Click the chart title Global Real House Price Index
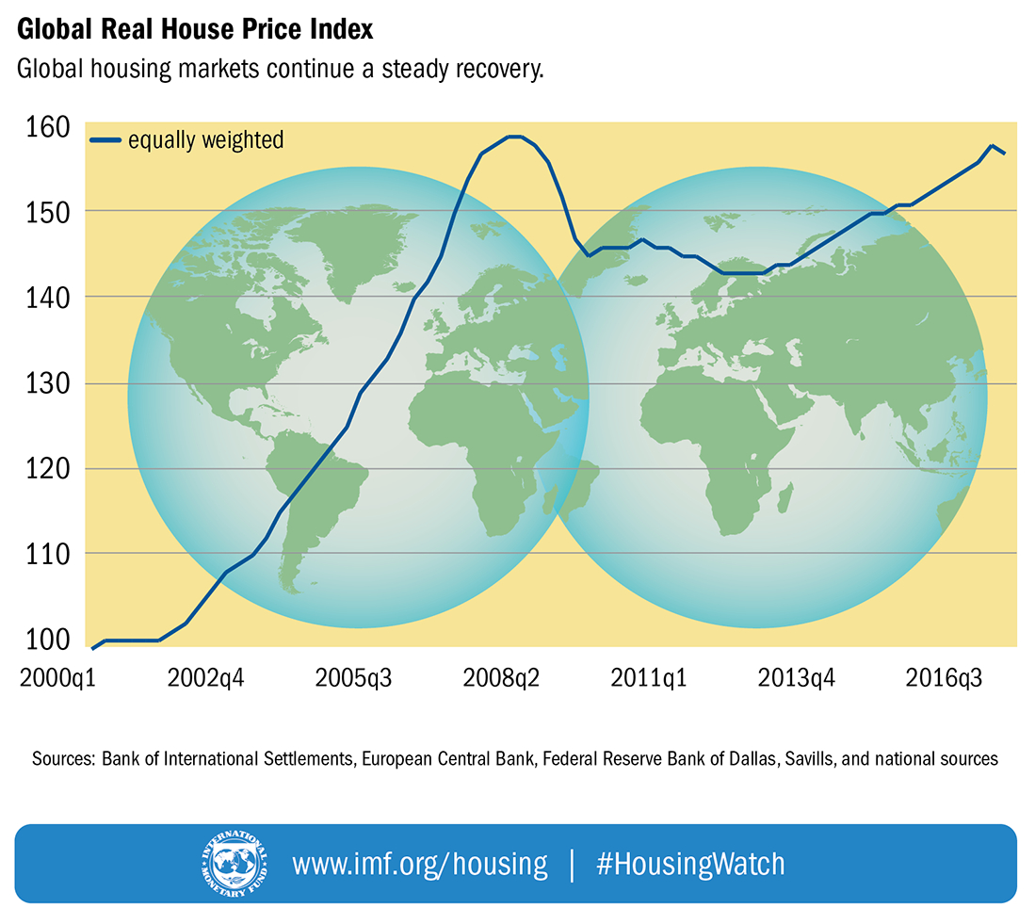coord(195,29)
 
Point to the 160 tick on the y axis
coord(42,126)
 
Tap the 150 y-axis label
coord(42,211)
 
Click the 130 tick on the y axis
coord(42,383)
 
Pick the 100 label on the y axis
coord(42,640)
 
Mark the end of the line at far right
coord(1005,153)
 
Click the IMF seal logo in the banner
coord(233,864)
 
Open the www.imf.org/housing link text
coord(419,864)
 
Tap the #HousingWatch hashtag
coord(689,864)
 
